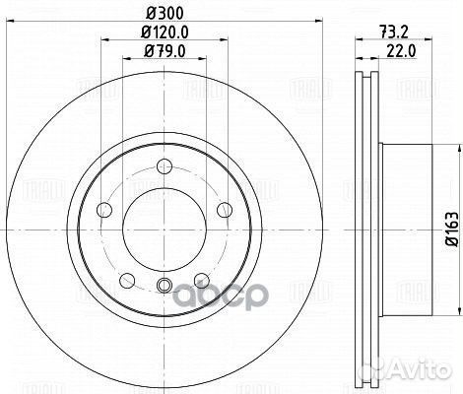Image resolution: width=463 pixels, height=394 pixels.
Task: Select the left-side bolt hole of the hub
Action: point(102,209)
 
